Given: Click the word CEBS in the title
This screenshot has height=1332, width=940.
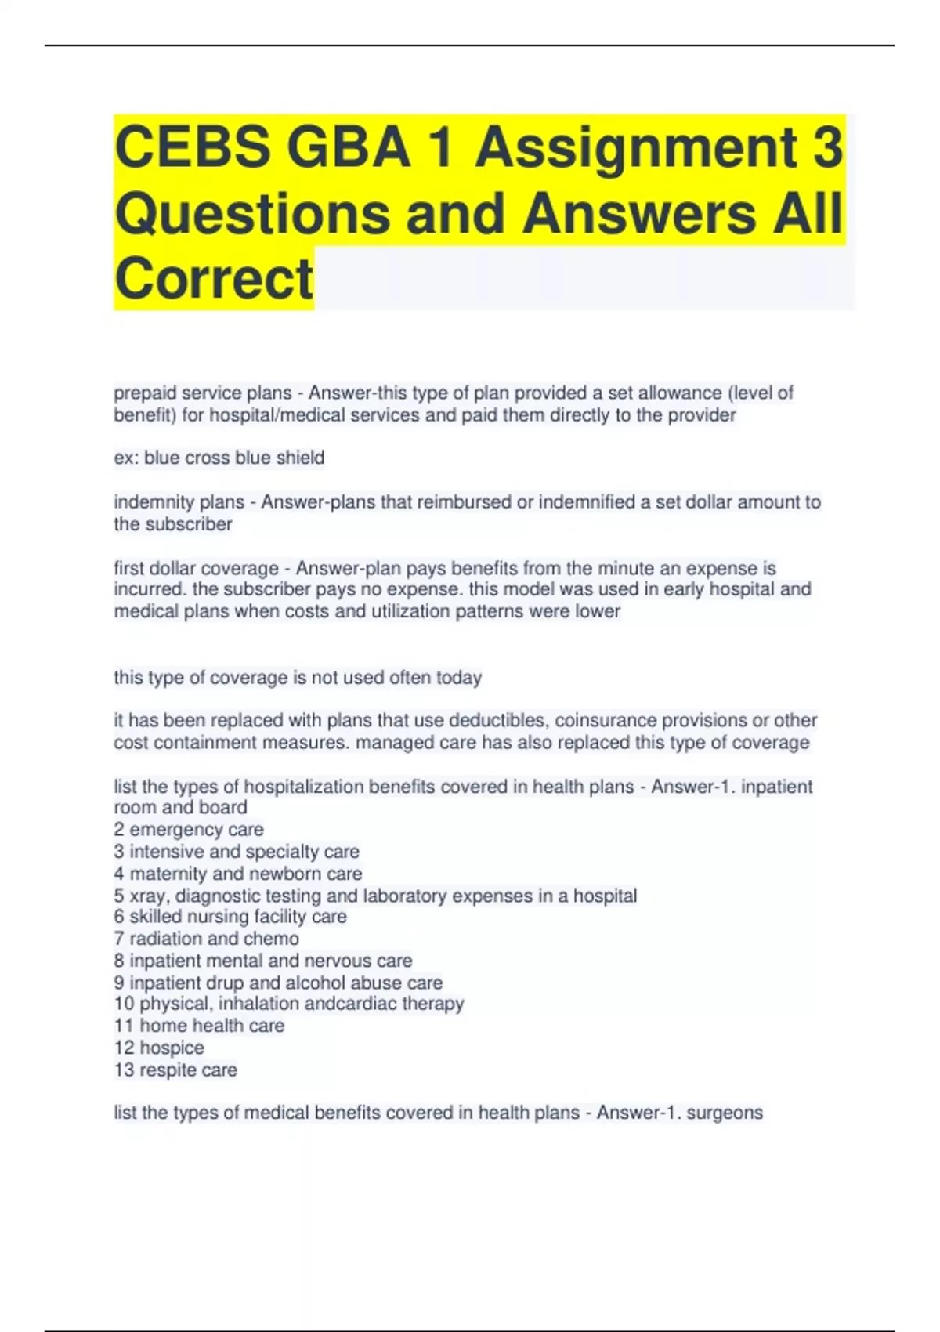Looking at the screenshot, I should coord(193,147).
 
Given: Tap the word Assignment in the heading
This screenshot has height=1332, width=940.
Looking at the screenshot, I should coord(636,147).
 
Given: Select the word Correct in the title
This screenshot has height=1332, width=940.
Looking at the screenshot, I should coord(214,278).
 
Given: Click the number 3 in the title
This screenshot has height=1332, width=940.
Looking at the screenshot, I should coord(826,147).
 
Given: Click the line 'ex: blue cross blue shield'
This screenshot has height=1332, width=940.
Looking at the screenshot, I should coord(219,458).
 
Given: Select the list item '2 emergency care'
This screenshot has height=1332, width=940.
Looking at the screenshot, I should coord(189,829).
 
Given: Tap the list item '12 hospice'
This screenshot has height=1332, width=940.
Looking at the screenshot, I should coord(159,1048).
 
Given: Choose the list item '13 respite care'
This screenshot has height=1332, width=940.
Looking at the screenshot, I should coord(175,1070).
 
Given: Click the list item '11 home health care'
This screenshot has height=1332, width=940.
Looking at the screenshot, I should coord(199,1026).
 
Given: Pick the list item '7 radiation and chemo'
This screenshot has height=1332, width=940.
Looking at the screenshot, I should coord(206,939).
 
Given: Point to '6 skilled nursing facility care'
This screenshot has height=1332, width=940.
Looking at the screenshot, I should coord(230,917).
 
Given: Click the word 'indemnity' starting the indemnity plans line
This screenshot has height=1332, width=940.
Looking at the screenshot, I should coord(145,501).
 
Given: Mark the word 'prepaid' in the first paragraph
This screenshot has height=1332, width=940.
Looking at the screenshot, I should coord(145,393).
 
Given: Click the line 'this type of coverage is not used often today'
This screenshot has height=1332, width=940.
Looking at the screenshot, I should coord(298,678).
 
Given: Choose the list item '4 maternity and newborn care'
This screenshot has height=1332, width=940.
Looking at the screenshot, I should coord(238,874).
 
